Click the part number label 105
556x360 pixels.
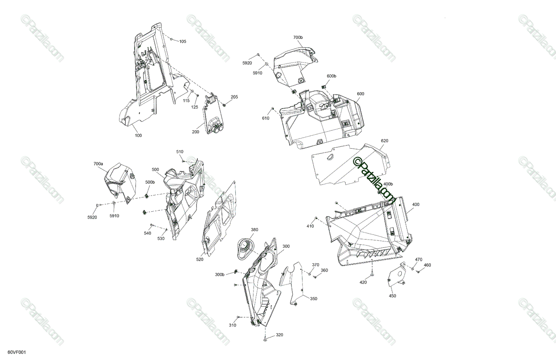coord(183,42)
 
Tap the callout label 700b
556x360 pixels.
coord(298,37)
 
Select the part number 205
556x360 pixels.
coord(234,97)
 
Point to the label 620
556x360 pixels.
coord(385,140)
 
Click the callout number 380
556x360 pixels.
coord(254,230)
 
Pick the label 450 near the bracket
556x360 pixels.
coord(392,296)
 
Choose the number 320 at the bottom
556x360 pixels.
coord(279,335)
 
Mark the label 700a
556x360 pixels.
coord(98,164)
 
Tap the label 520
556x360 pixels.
coord(200,259)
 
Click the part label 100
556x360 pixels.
coord(138,135)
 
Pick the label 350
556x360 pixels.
coord(314,299)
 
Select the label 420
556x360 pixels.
coord(363,282)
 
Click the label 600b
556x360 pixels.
coord(332,76)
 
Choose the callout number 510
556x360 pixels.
coord(180,152)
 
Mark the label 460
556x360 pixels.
coord(427,265)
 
